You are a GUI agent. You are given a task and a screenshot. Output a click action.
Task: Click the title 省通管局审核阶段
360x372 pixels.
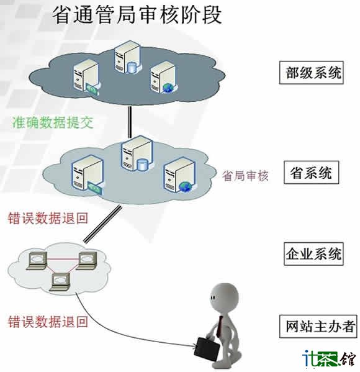(137, 15)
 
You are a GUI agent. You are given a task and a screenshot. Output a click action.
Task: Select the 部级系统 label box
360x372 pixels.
(312, 73)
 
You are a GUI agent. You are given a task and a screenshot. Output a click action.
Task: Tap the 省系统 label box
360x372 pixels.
(311, 173)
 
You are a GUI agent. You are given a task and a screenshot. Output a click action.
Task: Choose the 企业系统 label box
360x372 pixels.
(313, 254)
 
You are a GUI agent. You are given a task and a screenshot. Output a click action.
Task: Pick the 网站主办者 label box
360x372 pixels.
(318, 326)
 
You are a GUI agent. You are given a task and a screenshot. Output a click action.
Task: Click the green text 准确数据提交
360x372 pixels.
(53, 122)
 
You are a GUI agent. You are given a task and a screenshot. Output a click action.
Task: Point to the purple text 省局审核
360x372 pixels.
(245, 176)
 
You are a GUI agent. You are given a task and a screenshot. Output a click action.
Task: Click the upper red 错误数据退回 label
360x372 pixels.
(48, 218)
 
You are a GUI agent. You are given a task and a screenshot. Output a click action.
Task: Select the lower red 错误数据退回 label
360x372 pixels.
(48, 322)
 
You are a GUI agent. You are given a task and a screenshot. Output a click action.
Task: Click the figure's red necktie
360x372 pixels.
(219, 327)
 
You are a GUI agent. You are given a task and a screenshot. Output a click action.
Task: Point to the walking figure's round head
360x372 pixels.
(223, 297)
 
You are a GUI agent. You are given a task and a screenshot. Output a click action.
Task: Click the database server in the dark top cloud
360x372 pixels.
(127, 57)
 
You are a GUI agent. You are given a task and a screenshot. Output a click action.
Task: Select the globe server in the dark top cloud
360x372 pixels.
(164, 77)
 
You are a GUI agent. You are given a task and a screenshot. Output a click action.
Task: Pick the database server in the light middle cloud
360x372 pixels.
(137, 153)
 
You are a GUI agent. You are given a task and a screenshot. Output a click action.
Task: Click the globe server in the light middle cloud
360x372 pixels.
(179, 176)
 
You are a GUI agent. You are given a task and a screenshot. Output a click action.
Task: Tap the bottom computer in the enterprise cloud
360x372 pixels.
(61, 281)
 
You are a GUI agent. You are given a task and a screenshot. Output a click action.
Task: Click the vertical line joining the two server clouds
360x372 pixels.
(130, 122)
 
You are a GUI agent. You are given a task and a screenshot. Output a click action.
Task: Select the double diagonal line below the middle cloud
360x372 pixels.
(102, 224)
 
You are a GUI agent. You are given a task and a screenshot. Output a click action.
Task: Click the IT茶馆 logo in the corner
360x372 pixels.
(329, 358)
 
